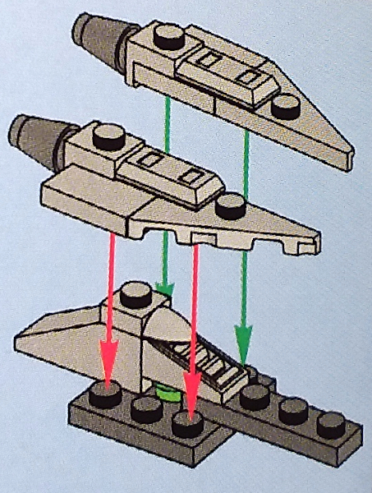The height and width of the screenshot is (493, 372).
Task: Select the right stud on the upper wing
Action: pos(286,102)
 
